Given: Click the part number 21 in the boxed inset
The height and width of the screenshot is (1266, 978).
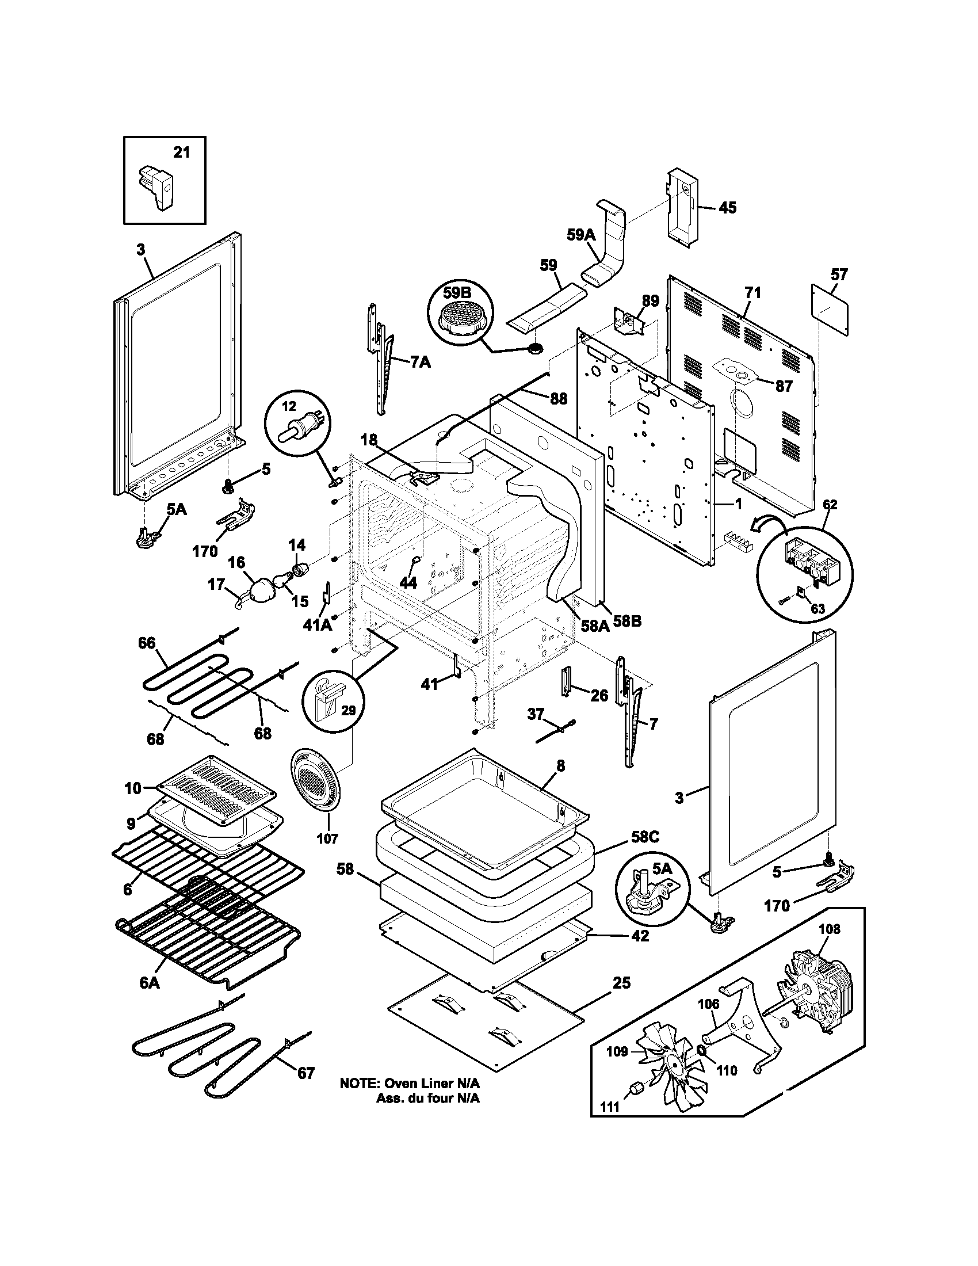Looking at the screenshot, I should pos(181,153).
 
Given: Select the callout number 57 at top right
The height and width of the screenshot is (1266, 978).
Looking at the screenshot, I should pos(839,274).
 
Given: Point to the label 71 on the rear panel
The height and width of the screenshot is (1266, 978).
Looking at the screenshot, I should pos(752,293).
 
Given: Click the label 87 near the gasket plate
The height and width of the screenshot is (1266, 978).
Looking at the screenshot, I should pos(784,386).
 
